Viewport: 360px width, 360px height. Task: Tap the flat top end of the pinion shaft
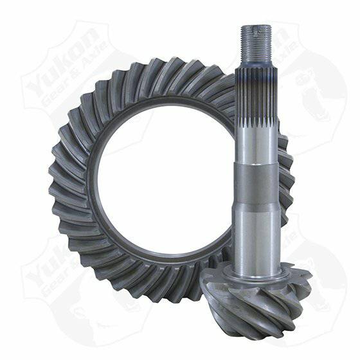pyautogui.click(x=256, y=27)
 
